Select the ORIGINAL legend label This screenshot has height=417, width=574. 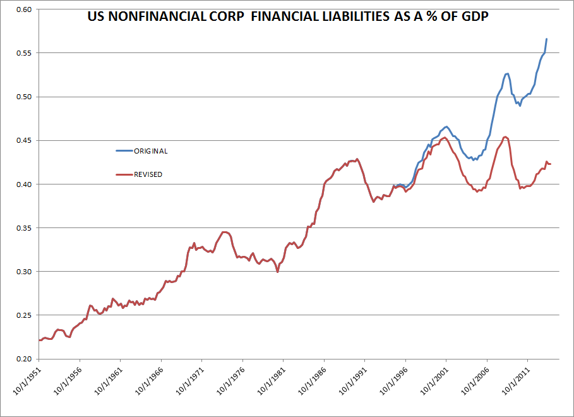tap(150, 151)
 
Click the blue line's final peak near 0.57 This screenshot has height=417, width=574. tap(547, 39)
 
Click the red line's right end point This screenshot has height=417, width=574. tap(550, 164)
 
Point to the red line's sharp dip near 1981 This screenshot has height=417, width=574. tap(278, 272)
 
